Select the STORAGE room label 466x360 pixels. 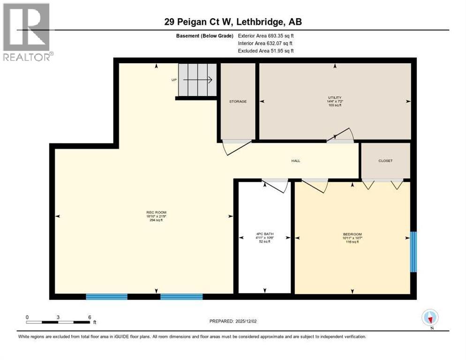coord(238,101)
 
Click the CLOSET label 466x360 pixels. coord(385,161)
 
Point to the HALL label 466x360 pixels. coord(295,161)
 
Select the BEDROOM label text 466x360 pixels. coord(352,234)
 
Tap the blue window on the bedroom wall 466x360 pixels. coord(413,252)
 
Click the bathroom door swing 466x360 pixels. coord(278,185)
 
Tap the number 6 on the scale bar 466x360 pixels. coord(89,317)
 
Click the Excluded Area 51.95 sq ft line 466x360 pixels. coord(266,51)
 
